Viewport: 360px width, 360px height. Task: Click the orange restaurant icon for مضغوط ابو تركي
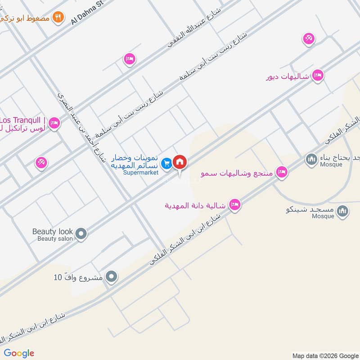(58, 18)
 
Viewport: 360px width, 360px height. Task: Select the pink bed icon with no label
(130, 59)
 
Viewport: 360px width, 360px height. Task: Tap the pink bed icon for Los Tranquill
(54, 123)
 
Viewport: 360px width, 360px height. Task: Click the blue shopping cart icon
(167, 164)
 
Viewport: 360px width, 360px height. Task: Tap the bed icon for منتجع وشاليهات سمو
(282, 172)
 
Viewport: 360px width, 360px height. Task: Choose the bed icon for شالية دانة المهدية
(234, 205)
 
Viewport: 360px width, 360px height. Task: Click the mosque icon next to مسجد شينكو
(343, 210)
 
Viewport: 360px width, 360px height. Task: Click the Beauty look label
(52, 232)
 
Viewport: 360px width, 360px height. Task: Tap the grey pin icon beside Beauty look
(81, 233)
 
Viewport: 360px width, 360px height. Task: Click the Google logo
(19, 353)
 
